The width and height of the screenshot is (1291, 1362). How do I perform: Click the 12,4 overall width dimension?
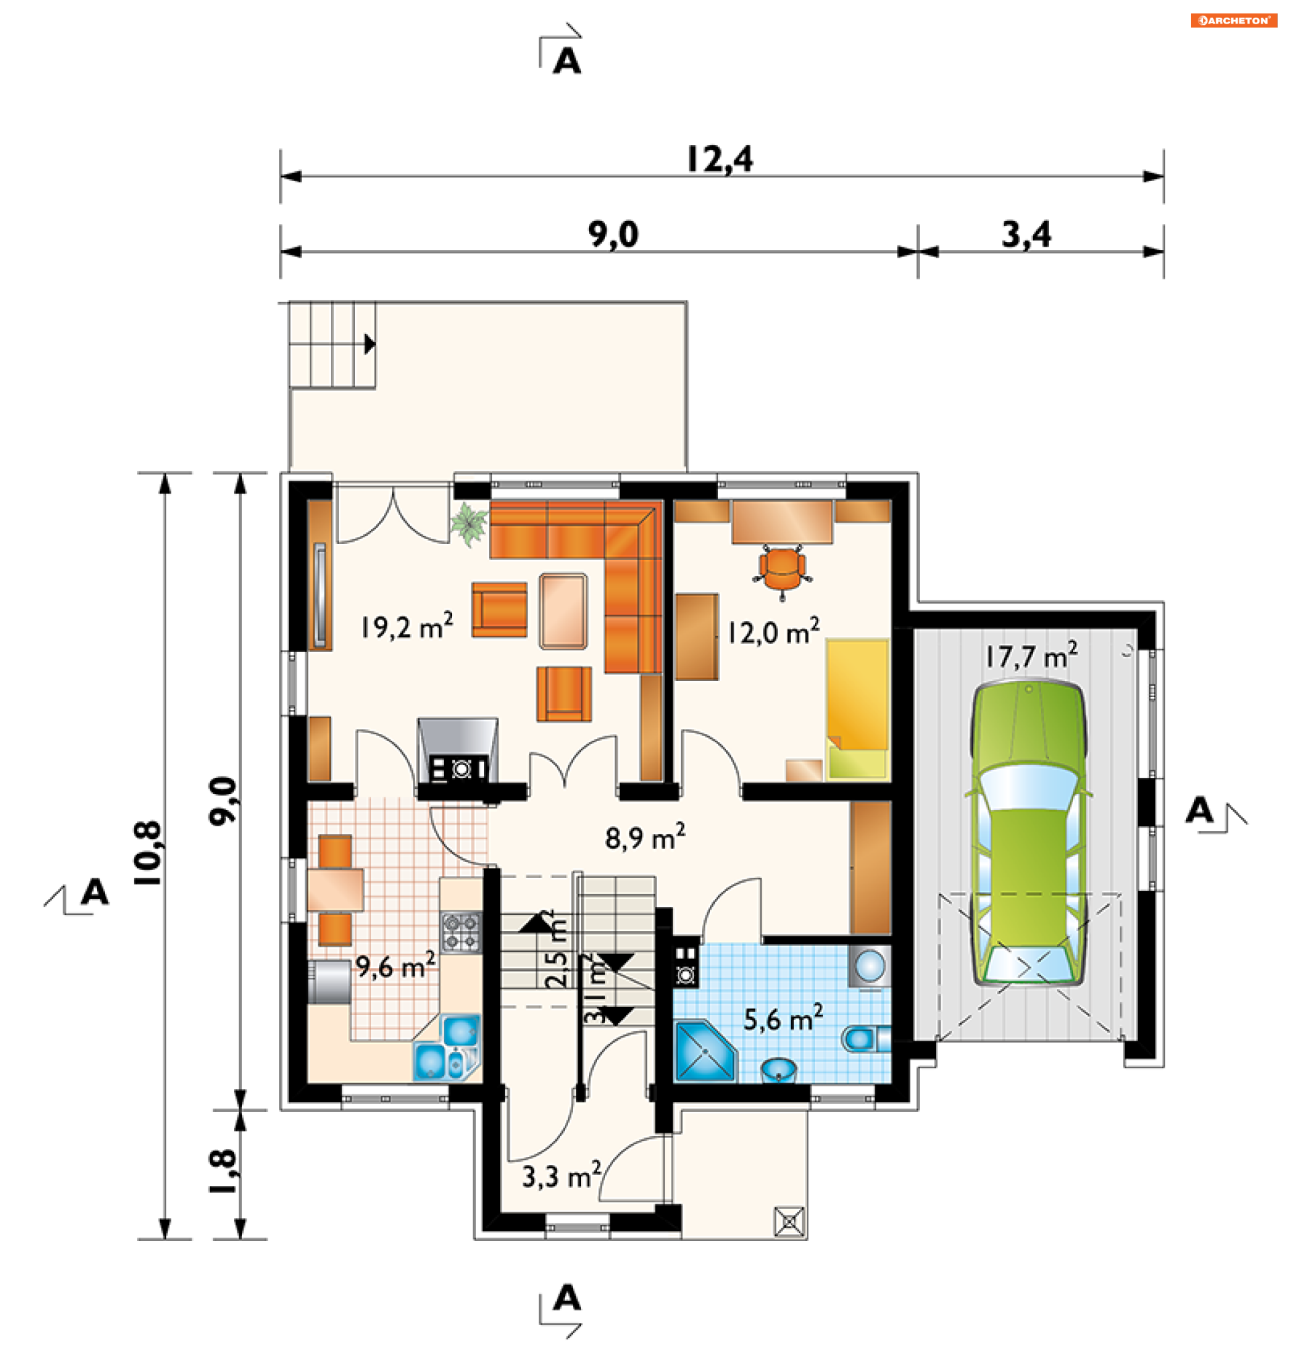pos(720,159)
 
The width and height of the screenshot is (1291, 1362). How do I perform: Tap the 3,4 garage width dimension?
pos(1026,235)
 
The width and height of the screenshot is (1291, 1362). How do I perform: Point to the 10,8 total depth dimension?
pos(148,852)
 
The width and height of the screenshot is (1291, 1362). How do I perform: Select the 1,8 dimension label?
pos(223,1172)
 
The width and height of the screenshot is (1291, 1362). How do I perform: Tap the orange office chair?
pos(782,570)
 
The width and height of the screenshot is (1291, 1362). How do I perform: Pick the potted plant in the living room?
pos(469,524)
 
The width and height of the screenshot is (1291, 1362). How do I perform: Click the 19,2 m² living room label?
pos(407,626)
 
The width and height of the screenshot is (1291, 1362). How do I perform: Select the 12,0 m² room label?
pos(773,631)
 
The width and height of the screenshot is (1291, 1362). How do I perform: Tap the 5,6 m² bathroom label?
pos(783,1018)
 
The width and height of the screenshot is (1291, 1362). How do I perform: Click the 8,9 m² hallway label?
pos(645,837)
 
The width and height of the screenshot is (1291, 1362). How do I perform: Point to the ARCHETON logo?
pos(1233,21)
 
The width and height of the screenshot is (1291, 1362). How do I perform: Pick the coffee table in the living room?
pos(563,611)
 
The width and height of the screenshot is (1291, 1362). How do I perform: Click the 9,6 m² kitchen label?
pos(395,966)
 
